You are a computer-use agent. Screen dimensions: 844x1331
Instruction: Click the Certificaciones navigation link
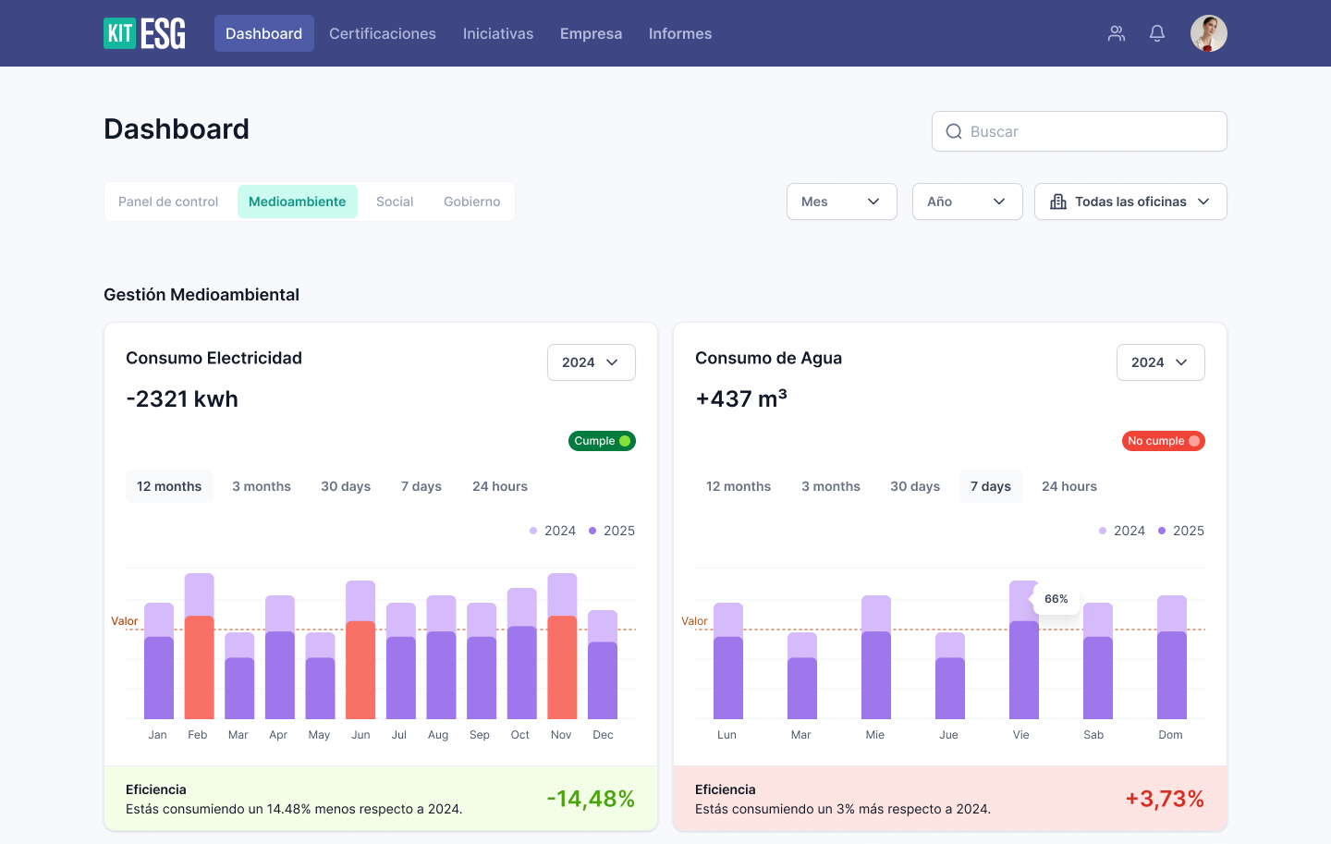tap(382, 33)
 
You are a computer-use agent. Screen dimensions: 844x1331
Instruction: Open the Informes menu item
tap(679, 33)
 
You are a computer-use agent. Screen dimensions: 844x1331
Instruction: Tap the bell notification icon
tap(1156, 33)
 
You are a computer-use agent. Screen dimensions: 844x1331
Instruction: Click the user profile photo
tap(1208, 33)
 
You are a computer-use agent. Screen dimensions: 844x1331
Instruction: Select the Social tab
tap(395, 202)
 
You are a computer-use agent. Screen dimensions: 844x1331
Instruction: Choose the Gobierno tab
tap(471, 202)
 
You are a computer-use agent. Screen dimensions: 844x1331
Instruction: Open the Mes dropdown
tap(841, 202)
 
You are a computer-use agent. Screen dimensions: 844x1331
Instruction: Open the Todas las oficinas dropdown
tap(1130, 202)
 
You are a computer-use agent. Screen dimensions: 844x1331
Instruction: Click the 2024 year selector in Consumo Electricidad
tap(591, 362)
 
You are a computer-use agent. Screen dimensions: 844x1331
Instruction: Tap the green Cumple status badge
tap(602, 441)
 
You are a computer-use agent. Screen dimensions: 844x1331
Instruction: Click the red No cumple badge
tap(1163, 441)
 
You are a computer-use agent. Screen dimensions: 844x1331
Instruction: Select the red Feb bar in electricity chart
tap(199, 666)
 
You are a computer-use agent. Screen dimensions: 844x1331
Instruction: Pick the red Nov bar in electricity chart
tap(562, 666)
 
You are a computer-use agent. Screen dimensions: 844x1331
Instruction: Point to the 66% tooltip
tap(1056, 599)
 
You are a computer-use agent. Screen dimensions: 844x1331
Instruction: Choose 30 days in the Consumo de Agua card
tap(914, 486)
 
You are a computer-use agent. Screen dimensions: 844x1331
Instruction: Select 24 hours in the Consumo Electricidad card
tap(499, 486)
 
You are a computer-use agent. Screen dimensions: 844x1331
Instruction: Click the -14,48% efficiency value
tap(590, 799)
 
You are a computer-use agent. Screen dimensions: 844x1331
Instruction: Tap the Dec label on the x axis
tap(603, 735)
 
